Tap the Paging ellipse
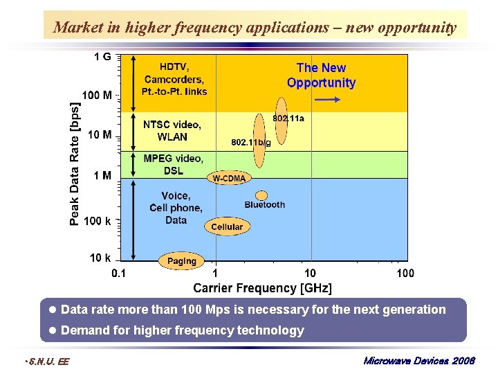tap(182, 261)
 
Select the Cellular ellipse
tap(227, 226)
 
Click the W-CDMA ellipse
tap(228, 178)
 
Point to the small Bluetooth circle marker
tap(261, 195)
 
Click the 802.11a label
tap(288, 118)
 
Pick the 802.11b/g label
tap(250, 142)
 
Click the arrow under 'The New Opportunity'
tap(326, 100)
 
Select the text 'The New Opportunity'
tap(321, 75)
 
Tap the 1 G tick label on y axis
tap(102, 56)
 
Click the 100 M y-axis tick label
tap(97, 94)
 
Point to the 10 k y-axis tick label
tap(100, 258)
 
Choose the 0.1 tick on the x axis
tap(119, 274)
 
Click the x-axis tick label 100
tap(405, 274)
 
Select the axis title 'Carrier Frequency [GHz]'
tap(262, 288)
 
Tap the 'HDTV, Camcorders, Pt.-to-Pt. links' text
tap(174, 79)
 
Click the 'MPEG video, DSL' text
tap(174, 165)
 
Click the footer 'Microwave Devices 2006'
tap(418, 362)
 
